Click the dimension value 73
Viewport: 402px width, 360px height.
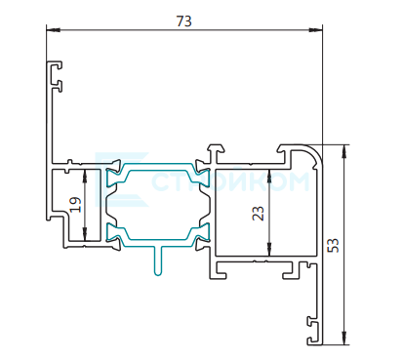point(183,21)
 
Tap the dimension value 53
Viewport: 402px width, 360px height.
point(333,245)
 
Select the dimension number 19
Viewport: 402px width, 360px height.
point(75,205)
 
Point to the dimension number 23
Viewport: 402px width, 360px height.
point(259,214)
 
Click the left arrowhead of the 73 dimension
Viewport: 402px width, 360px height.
point(54,30)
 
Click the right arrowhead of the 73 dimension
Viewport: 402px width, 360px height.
point(315,30)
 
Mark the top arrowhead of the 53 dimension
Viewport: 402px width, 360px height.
point(344,151)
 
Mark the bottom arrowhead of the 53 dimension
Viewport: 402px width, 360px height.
point(344,338)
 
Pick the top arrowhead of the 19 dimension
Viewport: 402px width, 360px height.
point(85,177)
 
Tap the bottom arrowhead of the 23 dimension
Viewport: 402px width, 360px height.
point(269,249)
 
